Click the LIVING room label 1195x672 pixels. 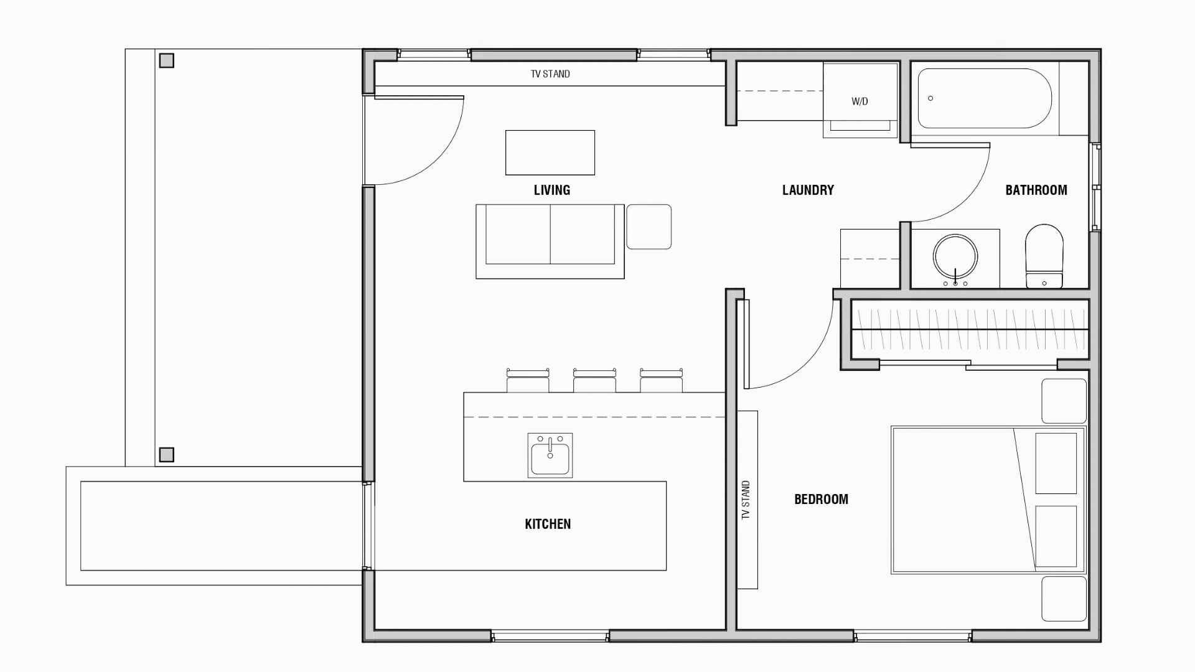click(551, 190)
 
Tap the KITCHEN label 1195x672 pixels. click(548, 524)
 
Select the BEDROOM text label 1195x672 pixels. click(821, 499)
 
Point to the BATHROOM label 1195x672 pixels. click(1036, 190)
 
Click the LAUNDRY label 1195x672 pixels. click(808, 190)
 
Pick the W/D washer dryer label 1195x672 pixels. click(860, 101)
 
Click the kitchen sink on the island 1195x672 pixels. click(550, 455)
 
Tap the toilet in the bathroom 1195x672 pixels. click(1044, 256)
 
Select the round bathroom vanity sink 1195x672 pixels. click(955, 256)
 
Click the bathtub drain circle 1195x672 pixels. click(930, 98)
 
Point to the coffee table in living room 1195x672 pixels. click(550, 152)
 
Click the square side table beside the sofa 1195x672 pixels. click(649, 226)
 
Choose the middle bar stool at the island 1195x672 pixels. click(594, 380)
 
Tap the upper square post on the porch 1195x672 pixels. click(166, 60)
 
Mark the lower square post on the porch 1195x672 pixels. click(166, 455)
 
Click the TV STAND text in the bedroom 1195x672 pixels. click(746, 500)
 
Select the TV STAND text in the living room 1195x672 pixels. click(550, 74)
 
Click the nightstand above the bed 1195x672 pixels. click(1064, 401)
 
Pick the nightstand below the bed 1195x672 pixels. click(1064, 599)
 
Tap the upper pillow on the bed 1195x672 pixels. click(1056, 464)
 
